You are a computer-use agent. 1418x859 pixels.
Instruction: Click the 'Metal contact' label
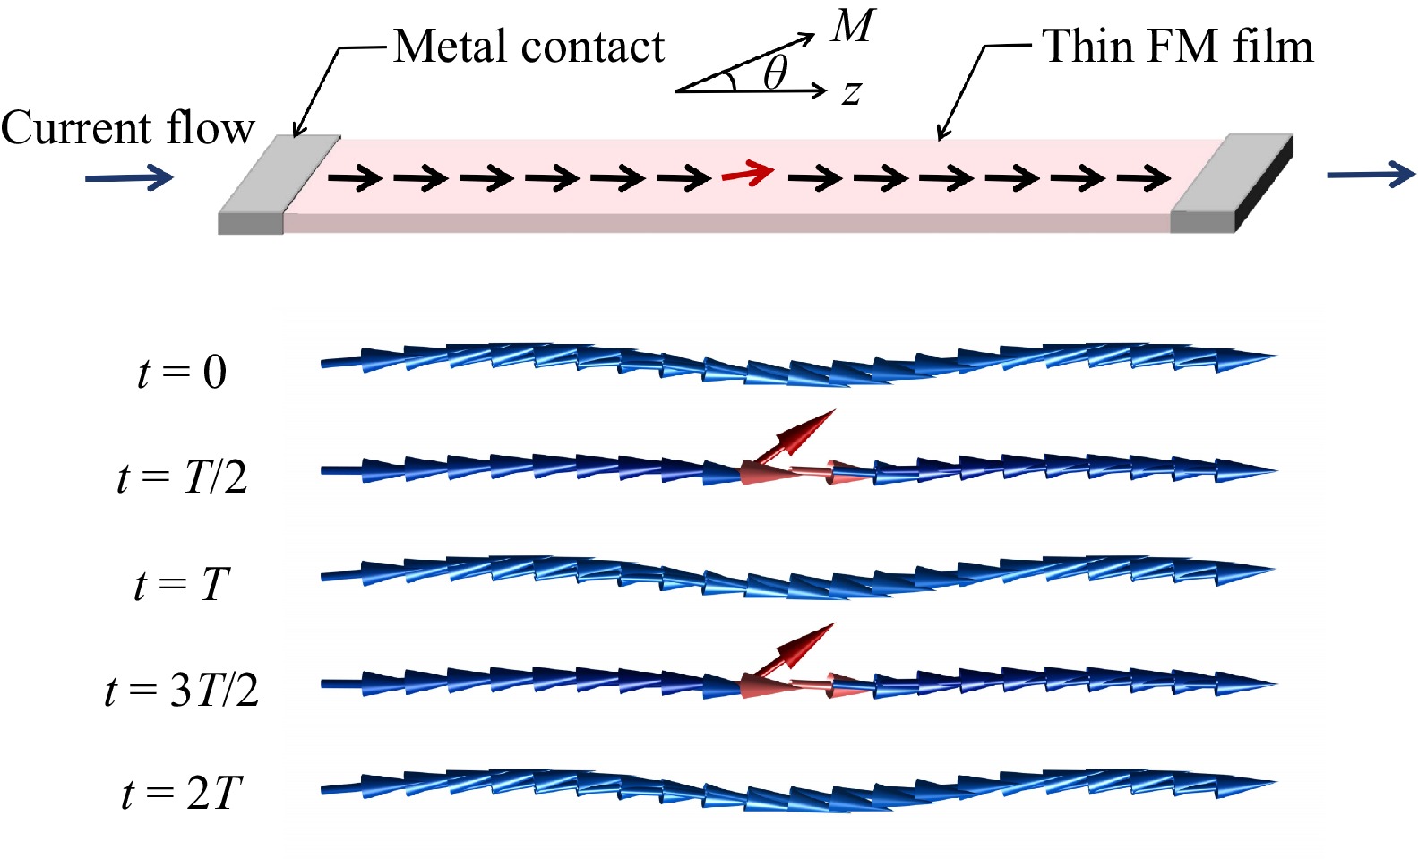(529, 47)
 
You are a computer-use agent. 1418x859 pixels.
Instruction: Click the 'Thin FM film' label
(1177, 46)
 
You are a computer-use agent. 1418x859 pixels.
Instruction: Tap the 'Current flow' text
(127, 127)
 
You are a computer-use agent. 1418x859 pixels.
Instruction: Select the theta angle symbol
(775, 72)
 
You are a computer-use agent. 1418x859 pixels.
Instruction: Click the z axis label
(852, 91)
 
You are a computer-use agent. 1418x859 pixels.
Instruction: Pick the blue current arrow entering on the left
(129, 177)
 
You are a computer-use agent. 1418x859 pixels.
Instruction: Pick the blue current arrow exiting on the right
(1370, 174)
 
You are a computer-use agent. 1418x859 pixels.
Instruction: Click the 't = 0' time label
(182, 371)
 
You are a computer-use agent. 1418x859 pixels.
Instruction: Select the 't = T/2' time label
(182, 477)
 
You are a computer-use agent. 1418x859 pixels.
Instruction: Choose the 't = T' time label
(182, 584)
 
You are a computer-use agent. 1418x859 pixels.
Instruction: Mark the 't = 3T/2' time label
(182, 690)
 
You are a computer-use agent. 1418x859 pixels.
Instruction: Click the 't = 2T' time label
(182, 794)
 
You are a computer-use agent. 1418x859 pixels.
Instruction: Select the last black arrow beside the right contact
(1144, 179)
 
